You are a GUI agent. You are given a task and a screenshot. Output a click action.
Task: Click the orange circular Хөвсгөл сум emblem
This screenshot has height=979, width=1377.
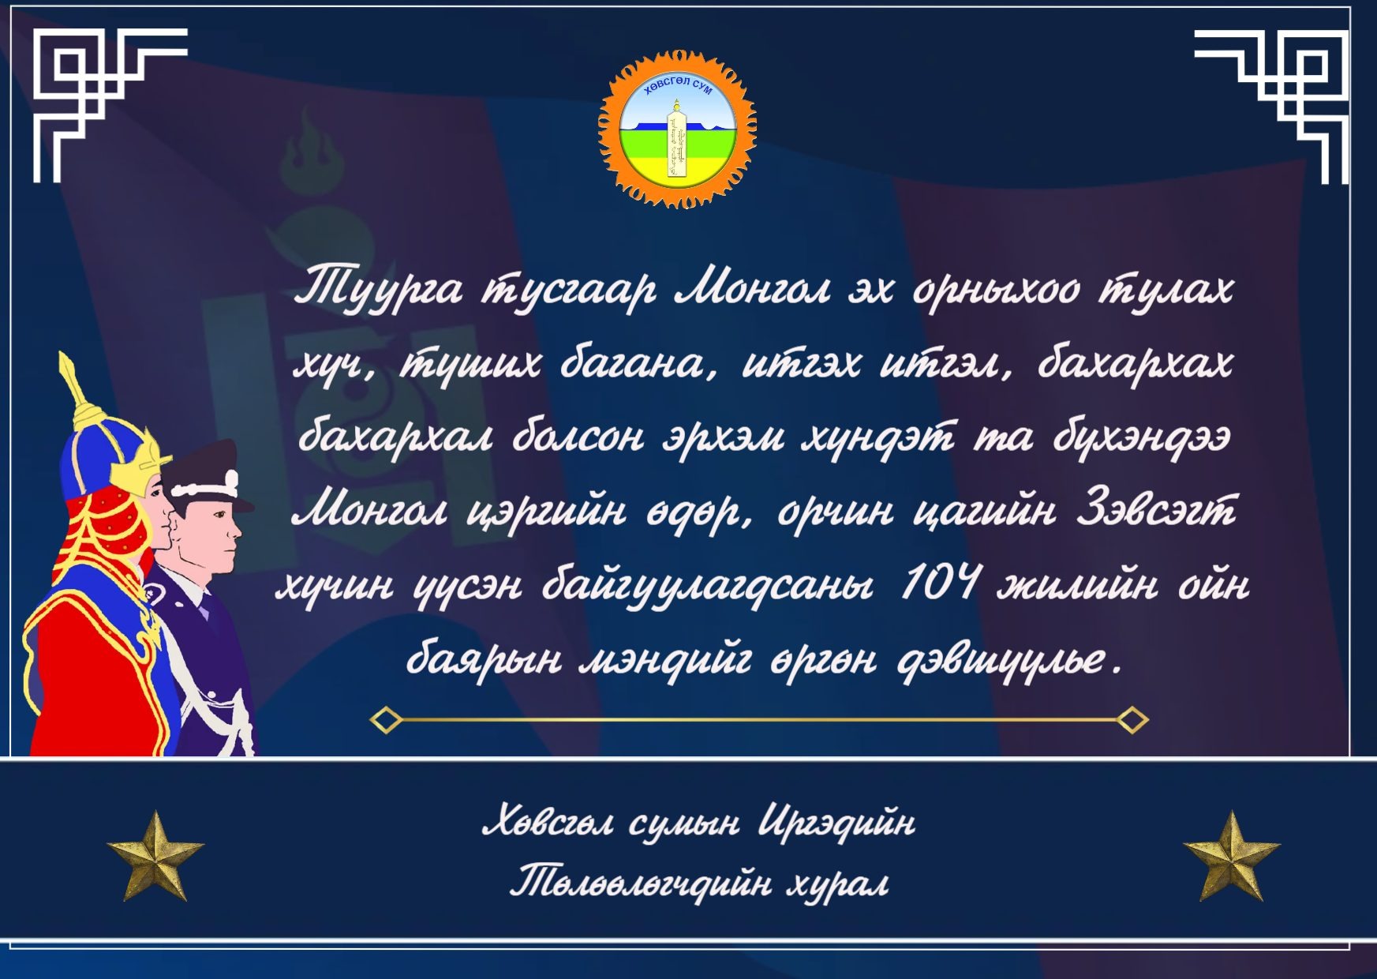(x=678, y=129)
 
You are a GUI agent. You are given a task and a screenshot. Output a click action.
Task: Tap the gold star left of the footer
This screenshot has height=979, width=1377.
(x=156, y=856)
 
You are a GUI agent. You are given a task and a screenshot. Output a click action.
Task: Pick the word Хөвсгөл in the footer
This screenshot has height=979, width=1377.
(x=547, y=824)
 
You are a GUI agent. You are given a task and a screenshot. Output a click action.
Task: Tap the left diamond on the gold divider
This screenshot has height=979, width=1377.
(x=386, y=720)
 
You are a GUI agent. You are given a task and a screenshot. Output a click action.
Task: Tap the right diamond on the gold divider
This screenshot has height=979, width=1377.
(x=1133, y=720)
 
